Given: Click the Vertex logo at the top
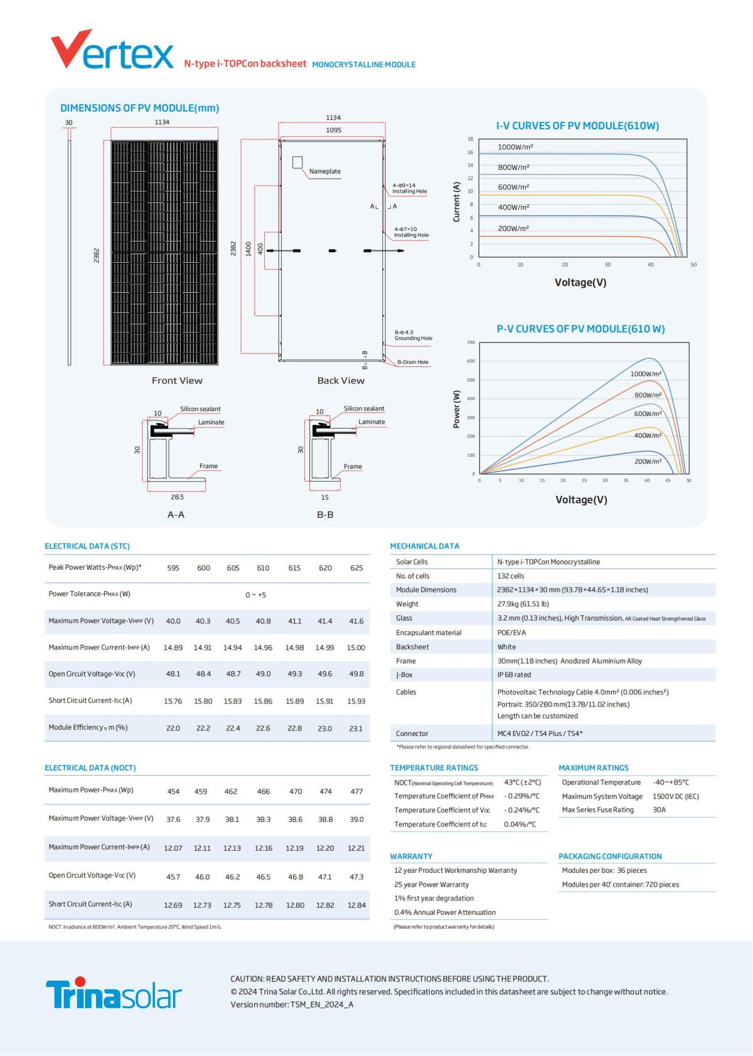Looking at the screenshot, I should [x=112, y=51].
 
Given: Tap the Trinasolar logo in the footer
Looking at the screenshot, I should [x=114, y=993].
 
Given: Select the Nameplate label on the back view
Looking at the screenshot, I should [x=324, y=171].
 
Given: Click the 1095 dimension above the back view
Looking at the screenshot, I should [x=333, y=130].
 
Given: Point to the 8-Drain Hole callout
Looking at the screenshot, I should [x=412, y=362].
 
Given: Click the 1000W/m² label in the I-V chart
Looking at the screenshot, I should [x=515, y=147].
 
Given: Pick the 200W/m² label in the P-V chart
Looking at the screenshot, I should [x=648, y=462].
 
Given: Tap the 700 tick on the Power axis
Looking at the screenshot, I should [x=471, y=343].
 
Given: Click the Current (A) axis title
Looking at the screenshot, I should [x=456, y=202].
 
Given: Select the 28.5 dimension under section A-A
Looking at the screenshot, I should [x=177, y=497].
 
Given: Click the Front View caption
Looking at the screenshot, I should [x=177, y=381].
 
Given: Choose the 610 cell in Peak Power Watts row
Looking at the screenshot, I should [x=263, y=568].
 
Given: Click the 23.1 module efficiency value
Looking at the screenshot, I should [x=356, y=728].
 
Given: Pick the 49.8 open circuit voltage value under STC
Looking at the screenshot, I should [x=356, y=674].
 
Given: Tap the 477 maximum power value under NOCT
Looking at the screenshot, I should [x=356, y=792].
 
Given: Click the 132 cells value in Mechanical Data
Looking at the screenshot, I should [x=510, y=576].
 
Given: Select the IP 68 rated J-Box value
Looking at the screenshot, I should [x=514, y=675].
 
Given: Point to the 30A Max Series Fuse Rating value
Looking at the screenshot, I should [x=659, y=810].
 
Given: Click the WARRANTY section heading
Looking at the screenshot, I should [x=411, y=856].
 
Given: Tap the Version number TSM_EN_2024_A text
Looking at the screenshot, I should [x=292, y=1005].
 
